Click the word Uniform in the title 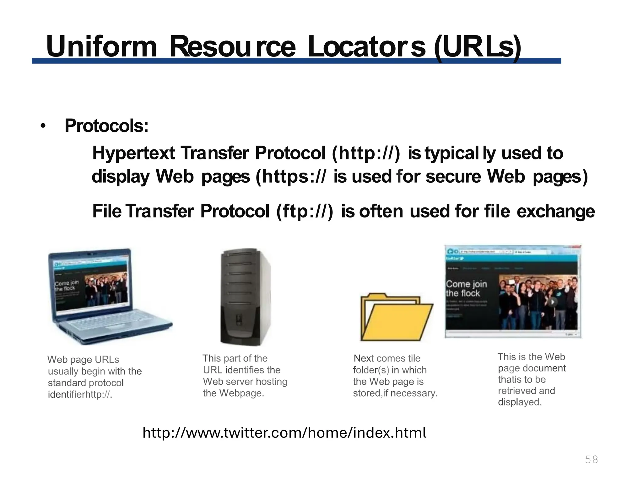click(x=101, y=46)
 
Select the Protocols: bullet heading click(x=106, y=126)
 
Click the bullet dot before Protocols click(x=43, y=126)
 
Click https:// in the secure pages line click(x=294, y=176)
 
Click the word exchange click(x=555, y=211)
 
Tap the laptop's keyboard click(x=113, y=323)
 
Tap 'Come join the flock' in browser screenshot click(x=466, y=288)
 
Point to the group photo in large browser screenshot click(x=538, y=301)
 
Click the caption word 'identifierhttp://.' click(x=80, y=394)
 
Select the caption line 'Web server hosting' click(x=245, y=382)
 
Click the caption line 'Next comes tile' click(x=387, y=358)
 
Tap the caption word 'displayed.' click(x=520, y=402)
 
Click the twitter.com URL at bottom click(x=284, y=433)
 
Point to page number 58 click(x=591, y=459)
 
